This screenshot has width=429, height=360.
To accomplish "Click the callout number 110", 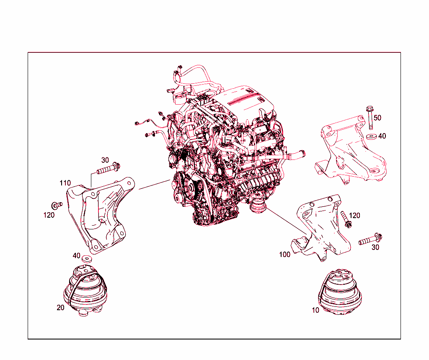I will [x=65, y=183].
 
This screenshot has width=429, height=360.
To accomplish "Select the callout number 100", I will [x=285, y=255].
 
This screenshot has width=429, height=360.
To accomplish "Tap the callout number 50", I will [x=377, y=118].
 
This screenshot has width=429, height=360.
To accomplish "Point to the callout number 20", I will [x=61, y=308].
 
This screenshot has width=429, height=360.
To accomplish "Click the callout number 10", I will [x=315, y=310].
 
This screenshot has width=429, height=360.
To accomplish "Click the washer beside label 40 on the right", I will [x=371, y=136].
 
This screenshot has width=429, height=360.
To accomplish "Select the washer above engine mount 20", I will [x=86, y=258].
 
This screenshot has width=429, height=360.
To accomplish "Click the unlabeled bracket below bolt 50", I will [x=350, y=153].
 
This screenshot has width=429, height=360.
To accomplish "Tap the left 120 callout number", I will [x=49, y=215].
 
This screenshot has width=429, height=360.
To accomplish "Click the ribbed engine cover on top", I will [x=247, y=98].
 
